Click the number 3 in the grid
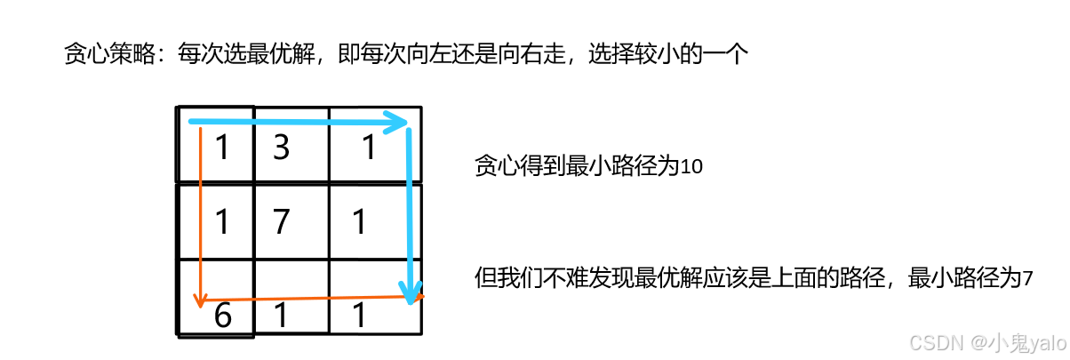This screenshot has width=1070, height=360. click(x=281, y=148)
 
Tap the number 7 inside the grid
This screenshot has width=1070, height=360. click(x=281, y=221)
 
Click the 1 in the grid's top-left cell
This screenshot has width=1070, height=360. click(x=222, y=148)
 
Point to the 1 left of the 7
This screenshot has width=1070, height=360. click(x=222, y=221)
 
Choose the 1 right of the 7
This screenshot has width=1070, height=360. click(x=359, y=221)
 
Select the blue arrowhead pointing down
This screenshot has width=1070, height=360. click(x=410, y=292)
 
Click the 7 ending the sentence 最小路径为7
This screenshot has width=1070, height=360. click(x=1028, y=279)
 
